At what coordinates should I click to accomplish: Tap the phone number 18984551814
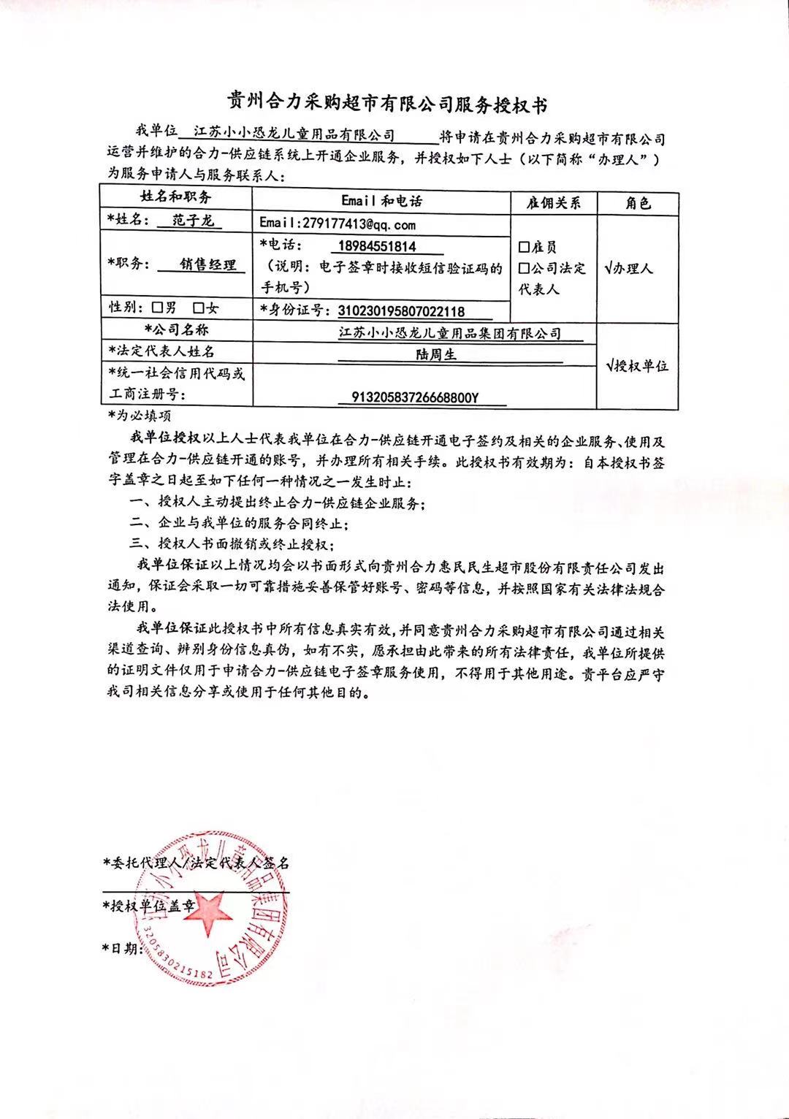(377, 246)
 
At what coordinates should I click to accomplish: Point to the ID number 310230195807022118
(401, 311)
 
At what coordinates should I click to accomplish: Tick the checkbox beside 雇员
(524, 248)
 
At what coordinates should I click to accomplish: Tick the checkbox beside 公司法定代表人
(524, 269)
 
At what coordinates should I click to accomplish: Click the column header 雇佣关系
(552, 203)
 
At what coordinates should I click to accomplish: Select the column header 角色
(638, 203)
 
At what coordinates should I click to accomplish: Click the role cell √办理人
(629, 269)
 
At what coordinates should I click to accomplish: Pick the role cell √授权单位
(636, 366)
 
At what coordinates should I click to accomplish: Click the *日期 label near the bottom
(121, 948)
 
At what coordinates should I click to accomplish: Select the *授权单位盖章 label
(150, 906)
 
